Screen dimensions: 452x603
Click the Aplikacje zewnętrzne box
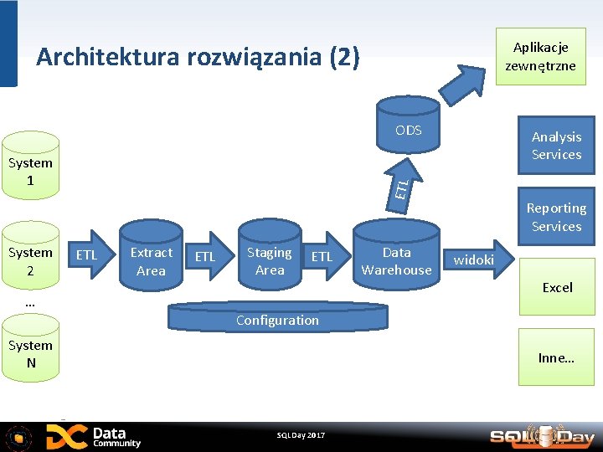[x=540, y=56]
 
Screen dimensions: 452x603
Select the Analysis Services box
[x=556, y=146]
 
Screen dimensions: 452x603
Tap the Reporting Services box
[x=556, y=217]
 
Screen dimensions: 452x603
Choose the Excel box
[x=557, y=287]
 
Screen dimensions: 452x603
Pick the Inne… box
[x=556, y=357]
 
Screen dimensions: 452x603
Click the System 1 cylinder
[x=30, y=172]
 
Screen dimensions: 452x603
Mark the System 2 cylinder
[x=30, y=260]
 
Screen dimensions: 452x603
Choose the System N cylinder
[x=30, y=353]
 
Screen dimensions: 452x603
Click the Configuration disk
[x=277, y=319]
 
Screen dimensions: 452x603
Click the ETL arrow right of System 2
[x=86, y=255]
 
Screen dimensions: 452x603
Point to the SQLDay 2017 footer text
[x=301, y=435]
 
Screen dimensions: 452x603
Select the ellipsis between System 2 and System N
[x=30, y=303]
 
